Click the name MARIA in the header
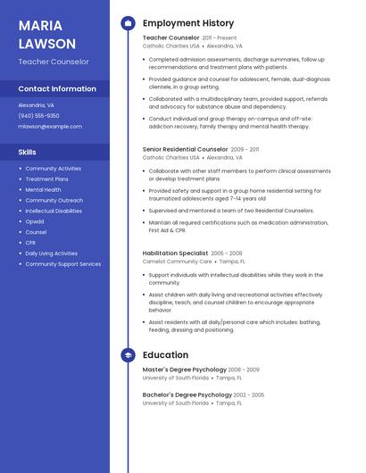(40, 25)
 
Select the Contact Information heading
(57, 89)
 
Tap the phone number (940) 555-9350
(39, 115)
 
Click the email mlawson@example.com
(50, 127)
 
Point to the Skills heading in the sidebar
(28, 152)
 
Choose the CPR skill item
(31, 243)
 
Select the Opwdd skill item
(35, 221)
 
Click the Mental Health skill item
(44, 189)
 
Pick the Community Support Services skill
(63, 264)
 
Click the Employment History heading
(188, 23)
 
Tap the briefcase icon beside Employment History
(128, 23)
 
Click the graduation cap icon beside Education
(128, 355)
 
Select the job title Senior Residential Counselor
(185, 149)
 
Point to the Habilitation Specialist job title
(175, 253)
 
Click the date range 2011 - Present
(220, 38)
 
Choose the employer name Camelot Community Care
(177, 261)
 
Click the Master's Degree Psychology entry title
(184, 369)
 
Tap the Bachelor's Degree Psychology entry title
(187, 394)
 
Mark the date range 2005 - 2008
(227, 253)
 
